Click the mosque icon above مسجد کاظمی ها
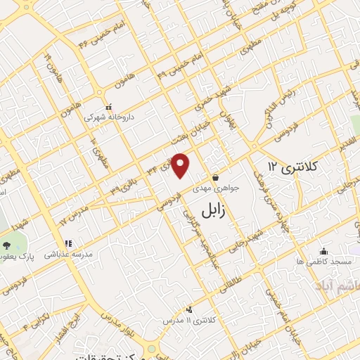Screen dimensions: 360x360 point(323,251)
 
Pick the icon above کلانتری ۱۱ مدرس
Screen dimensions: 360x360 point(188,309)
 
